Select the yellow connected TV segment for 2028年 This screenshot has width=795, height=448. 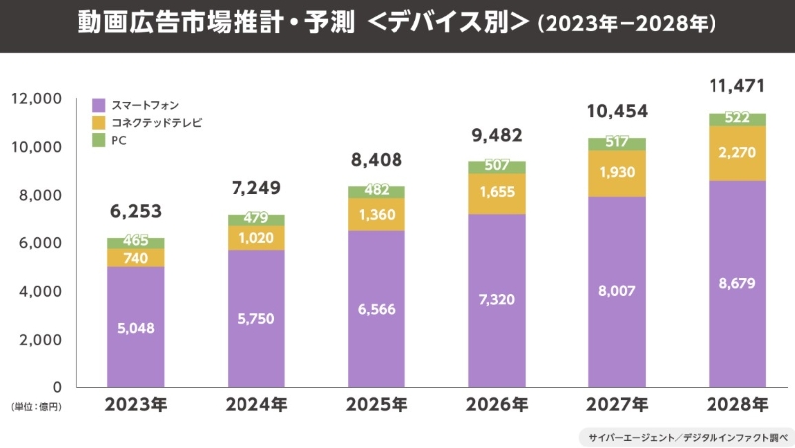tap(736, 153)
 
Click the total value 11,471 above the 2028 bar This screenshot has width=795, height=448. tap(736, 87)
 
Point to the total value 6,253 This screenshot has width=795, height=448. tap(136, 211)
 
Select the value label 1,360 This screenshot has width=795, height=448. tap(376, 215)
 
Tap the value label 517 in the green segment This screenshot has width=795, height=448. tap(616, 144)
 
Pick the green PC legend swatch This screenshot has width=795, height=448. tap(99, 140)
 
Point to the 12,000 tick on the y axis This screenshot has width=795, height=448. tap(37, 98)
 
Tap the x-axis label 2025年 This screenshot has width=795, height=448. tap(376, 405)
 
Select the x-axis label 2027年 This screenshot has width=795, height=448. tap(616, 405)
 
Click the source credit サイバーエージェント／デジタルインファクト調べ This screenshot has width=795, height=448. tap(686, 435)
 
